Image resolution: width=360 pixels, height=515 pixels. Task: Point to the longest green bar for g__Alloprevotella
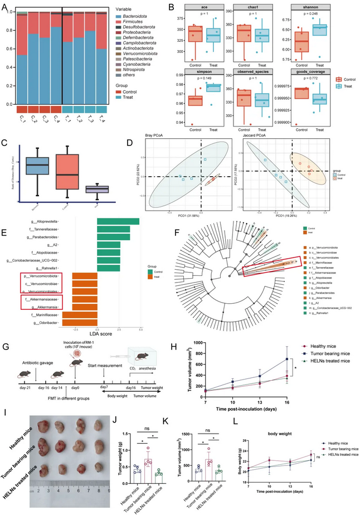[119, 221]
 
